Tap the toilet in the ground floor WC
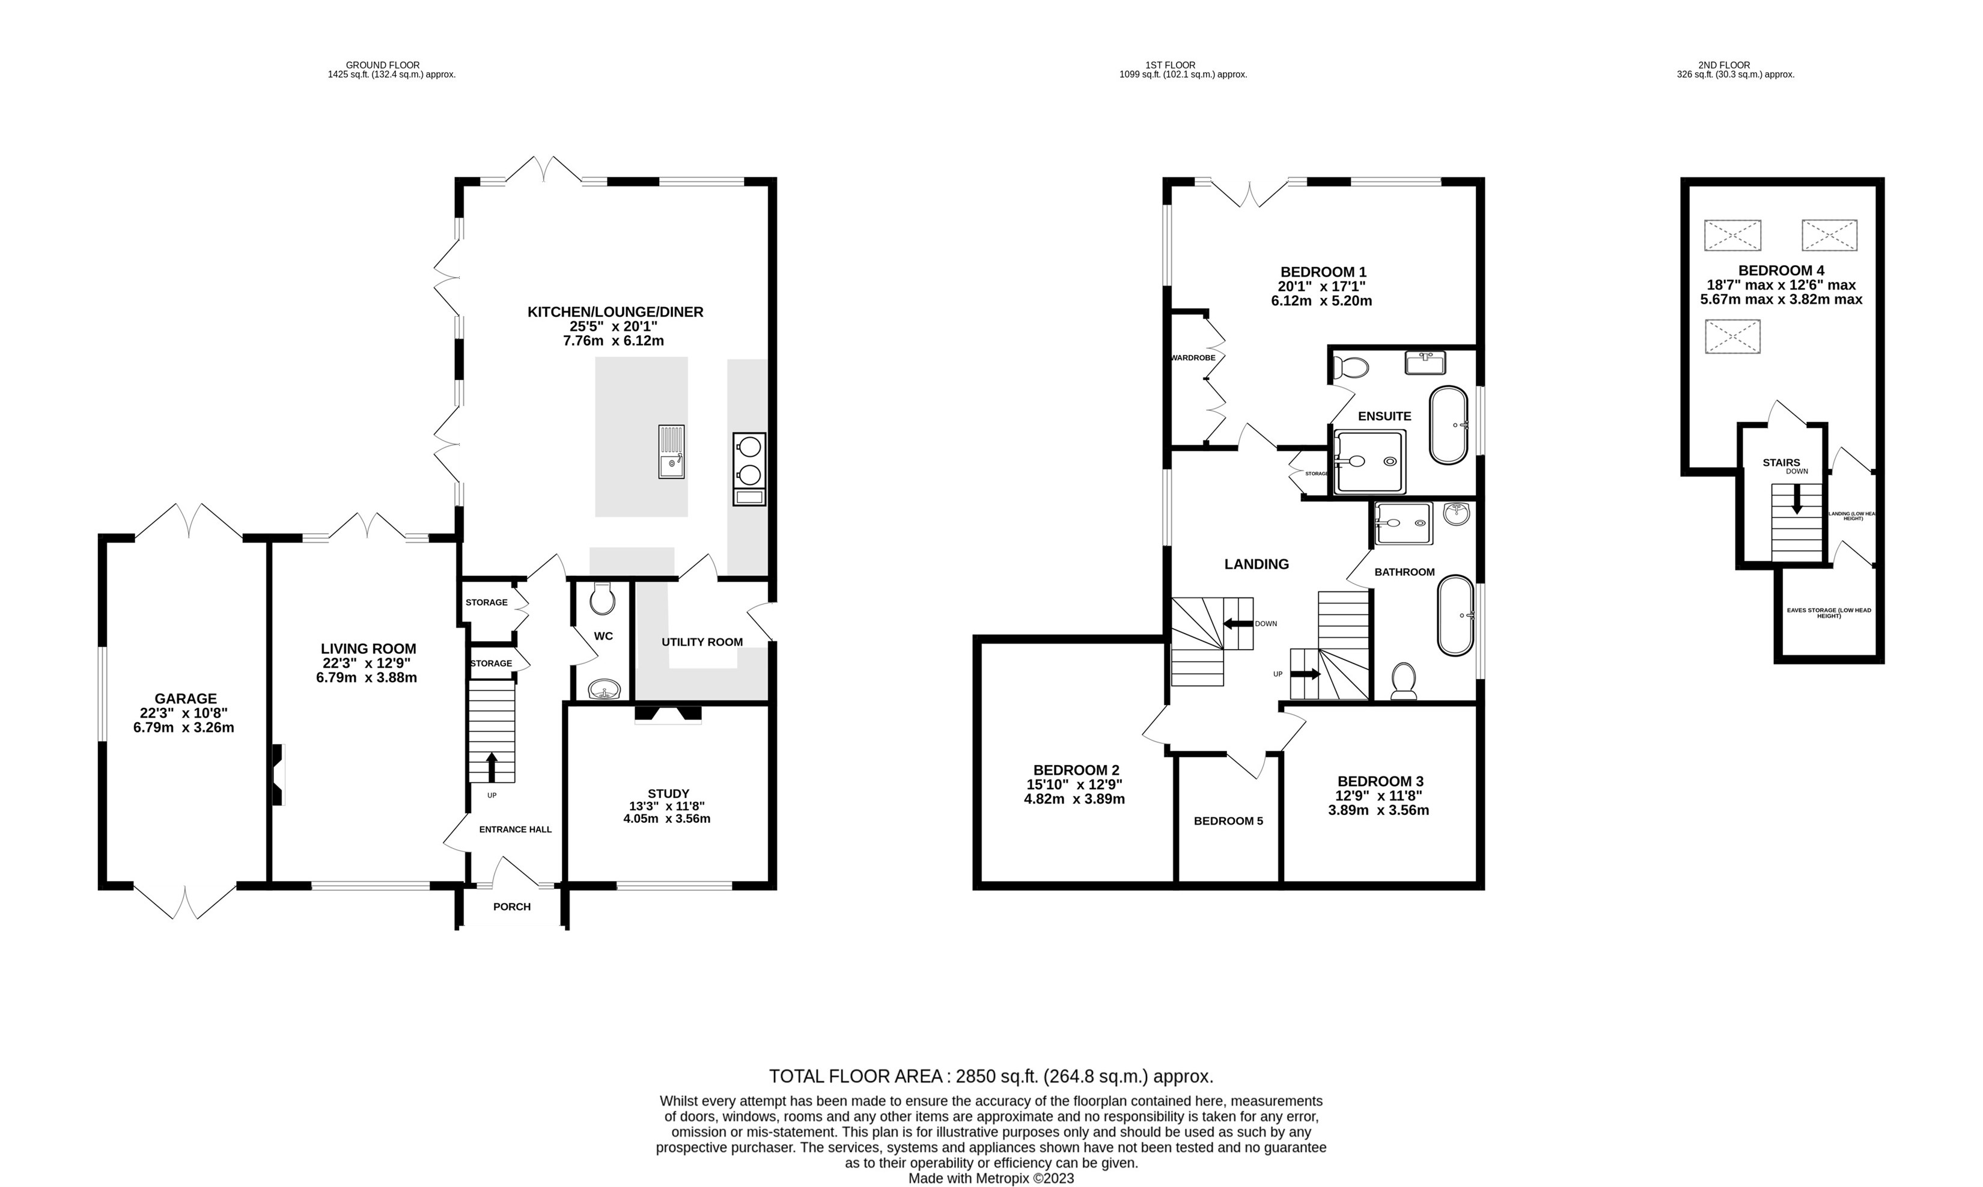click(x=602, y=598)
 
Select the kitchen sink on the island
click(x=671, y=452)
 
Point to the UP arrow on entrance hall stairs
click(x=491, y=766)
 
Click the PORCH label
click(x=512, y=906)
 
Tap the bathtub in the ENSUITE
click(x=1448, y=426)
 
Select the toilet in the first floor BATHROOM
click(x=1403, y=680)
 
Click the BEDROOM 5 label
click(x=1228, y=820)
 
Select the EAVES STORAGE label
click(x=1829, y=612)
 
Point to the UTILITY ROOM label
click(x=702, y=641)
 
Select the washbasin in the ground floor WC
click(x=604, y=689)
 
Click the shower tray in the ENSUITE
click(x=1369, y=462)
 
